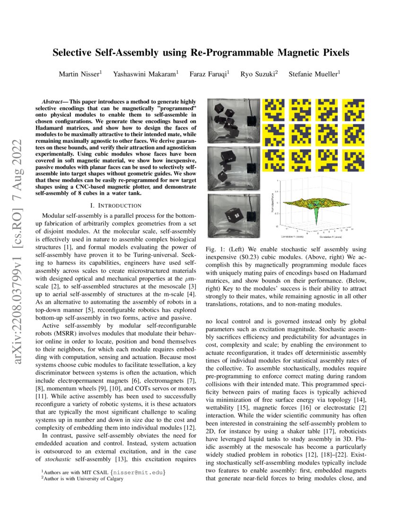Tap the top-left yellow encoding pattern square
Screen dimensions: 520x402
[x=273, y=109]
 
